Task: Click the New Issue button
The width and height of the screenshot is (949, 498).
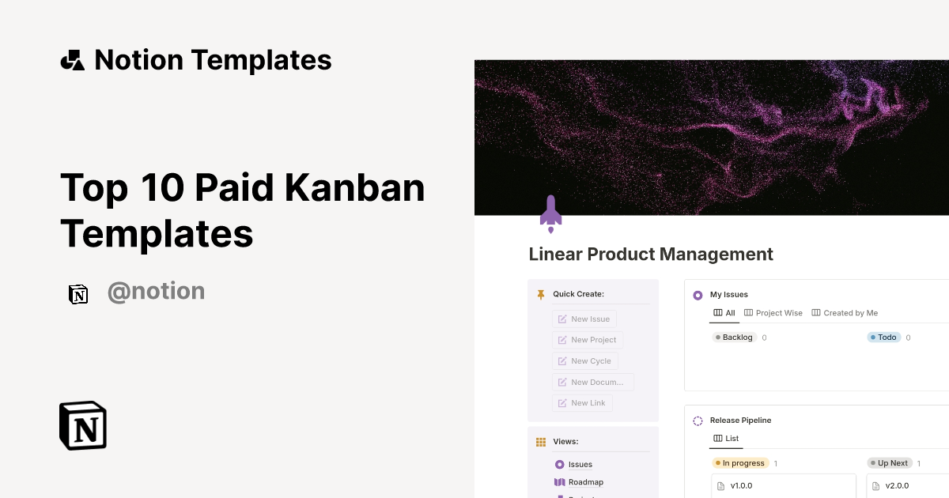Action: (584, 319)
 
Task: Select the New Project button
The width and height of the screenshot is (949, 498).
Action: (587, 340)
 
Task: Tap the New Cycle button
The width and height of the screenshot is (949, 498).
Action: (584, 360)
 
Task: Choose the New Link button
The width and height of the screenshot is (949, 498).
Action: (581, 403)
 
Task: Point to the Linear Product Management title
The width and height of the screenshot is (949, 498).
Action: (651, 255)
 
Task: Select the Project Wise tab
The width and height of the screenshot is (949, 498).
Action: (773, 313)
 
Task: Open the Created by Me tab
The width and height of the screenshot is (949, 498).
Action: (845, 313)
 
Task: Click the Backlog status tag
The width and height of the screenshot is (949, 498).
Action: (734, 338)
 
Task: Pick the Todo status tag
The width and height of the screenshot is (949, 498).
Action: (884, 338)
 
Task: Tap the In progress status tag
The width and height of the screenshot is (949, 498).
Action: (739, 463)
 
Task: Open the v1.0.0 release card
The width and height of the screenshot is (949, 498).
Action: (783, 485)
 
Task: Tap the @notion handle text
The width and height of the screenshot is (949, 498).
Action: (156, 292)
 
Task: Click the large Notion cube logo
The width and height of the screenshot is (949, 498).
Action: (83, 425)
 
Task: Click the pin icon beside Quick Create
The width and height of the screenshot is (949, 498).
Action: (541, 294)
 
